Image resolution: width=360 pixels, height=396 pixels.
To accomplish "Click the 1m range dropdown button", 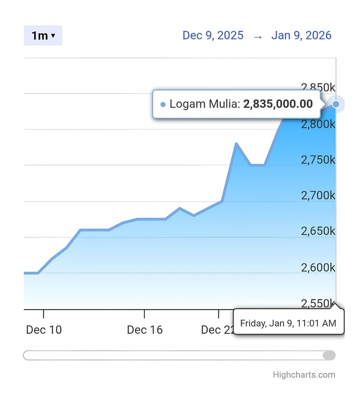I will point(43,36).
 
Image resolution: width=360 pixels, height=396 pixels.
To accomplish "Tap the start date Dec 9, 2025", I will point(213,36).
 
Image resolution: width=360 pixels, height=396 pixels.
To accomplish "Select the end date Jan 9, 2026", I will point(301,36).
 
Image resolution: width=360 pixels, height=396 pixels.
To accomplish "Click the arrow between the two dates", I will point(257,36).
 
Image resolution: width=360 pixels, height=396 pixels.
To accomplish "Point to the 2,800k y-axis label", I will point(318,124).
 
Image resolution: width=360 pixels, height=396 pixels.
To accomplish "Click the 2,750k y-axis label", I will point(318,160).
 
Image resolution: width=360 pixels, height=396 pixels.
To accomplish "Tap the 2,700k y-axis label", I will point(318,196).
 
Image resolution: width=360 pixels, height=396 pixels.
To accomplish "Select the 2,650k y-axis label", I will point(318,231).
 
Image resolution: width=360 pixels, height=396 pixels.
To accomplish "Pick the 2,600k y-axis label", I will point(318,267).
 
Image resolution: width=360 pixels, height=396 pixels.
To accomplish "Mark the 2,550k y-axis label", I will point(318,303).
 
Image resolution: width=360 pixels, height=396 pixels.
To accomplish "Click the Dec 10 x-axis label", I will point(44,330).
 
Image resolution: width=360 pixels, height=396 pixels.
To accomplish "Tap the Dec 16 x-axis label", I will point(144,330).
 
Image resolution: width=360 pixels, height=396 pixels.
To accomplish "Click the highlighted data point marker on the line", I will point(336,104).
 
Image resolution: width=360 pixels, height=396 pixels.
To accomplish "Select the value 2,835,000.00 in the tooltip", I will point(278,104).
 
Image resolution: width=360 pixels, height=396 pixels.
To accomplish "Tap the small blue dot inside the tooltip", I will point(163,105).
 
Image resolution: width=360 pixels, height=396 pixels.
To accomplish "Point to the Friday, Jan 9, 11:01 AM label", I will point(288,323).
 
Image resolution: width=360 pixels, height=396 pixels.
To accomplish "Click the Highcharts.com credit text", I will point(304,375).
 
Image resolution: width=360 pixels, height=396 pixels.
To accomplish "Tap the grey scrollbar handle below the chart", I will point(329,356).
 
